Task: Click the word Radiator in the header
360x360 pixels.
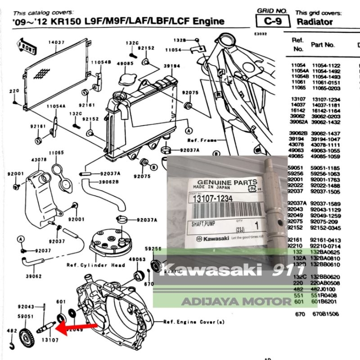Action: pyautogui.click(x=315, y=22)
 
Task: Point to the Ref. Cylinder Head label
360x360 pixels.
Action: pyautogui.click(x=95, y=265)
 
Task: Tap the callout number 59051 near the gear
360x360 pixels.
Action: pyautogui.click(x=26, y=316)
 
